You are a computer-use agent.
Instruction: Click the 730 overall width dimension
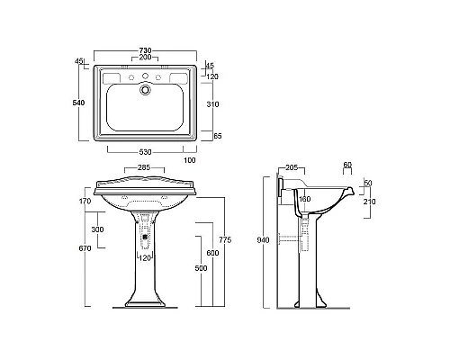click(145, 50)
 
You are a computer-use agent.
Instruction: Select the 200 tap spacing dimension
click(145, 57)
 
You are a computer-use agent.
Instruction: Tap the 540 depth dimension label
click(78, 103)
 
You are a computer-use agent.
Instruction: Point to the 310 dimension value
click(212, 104)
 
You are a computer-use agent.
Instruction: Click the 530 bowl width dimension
click(145, 152)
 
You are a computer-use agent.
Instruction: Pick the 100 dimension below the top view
click(190, 160)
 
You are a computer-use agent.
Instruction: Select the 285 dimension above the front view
click(144, 167)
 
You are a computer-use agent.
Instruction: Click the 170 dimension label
click(85, 201)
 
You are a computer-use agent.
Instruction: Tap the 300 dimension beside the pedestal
click(97, 229)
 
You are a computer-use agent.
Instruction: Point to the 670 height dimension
click(85, 248)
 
